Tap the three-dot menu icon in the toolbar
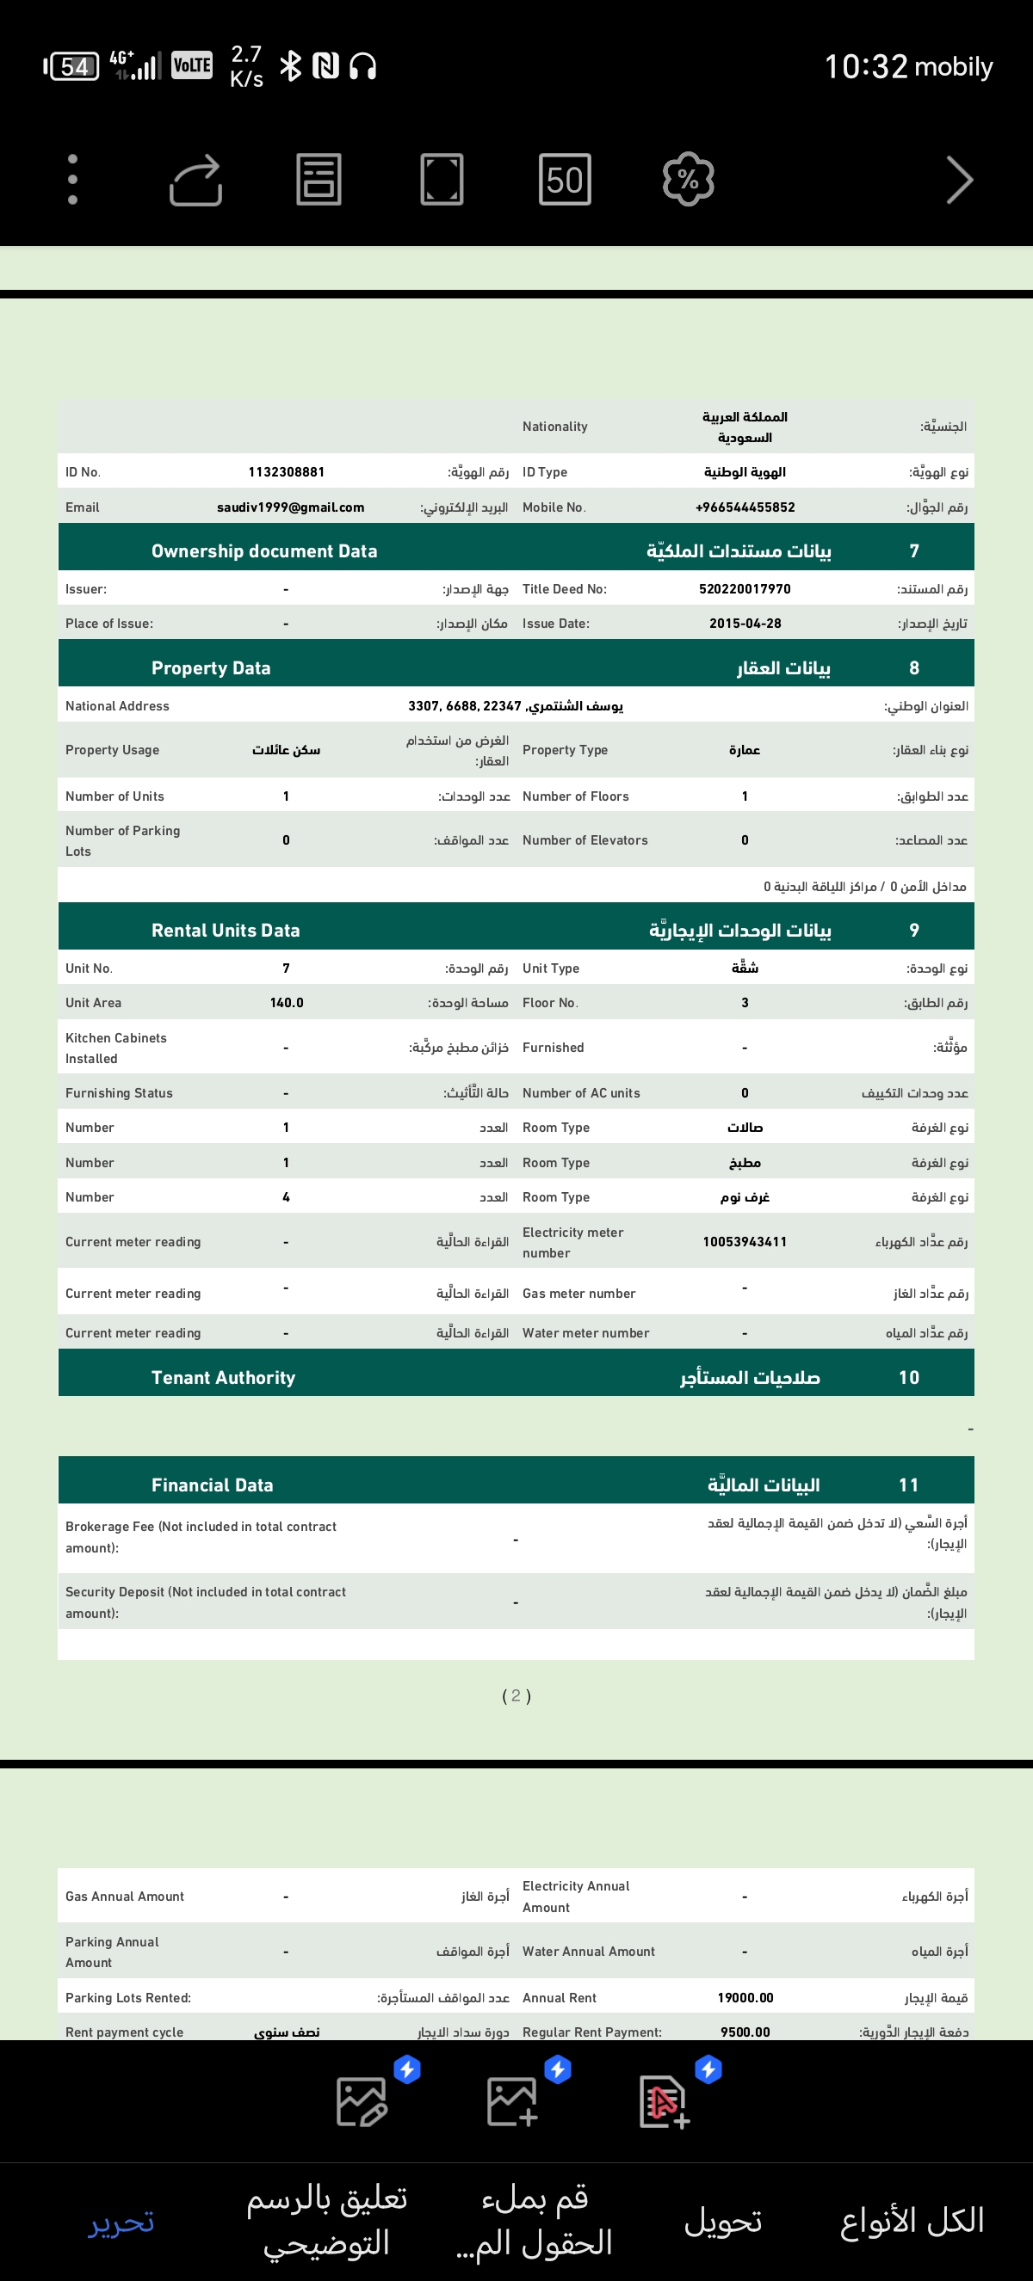coord(72,180)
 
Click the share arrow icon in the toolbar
coord(195,180)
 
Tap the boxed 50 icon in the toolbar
coord(565,180)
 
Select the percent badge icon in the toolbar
coord(689,180)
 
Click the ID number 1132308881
coord(286,472)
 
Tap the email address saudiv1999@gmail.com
coord(291,507)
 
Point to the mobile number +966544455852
coord(745,507)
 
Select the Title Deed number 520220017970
coord(745,589)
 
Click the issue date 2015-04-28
coord(745,624)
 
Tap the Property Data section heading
coord(211,667)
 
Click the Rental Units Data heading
coord(226,930)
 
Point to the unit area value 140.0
coord(286,1002)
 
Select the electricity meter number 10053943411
coord(745,1241)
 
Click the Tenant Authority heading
coord(223,1377)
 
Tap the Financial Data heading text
coord(213,1485)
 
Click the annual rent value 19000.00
coord(745,1998)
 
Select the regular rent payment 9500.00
coord(745,2032)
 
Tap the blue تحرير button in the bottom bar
coord(121,2222)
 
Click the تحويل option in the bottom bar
coord(723,2222)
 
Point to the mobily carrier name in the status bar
coord(953,66)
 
